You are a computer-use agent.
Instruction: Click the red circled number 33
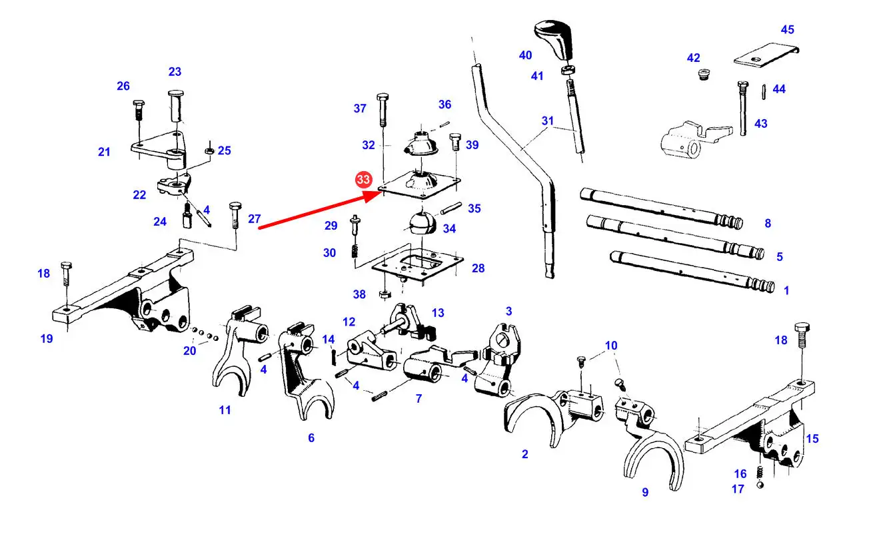tap(363, 180)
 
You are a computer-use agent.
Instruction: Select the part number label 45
tap(788, 30)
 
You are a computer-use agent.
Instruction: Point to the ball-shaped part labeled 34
tap(421, 223)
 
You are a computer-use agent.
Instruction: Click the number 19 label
tap(46, 338)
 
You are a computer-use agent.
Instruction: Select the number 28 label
tap(478, 268)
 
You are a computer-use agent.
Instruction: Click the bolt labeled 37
tap(382, 109)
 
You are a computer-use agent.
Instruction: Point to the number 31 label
tap(548, 121)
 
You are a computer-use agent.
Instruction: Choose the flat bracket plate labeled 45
tap(766, 57)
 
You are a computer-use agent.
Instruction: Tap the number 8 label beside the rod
tap(768, 224)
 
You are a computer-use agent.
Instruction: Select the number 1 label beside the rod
tap(786, 290)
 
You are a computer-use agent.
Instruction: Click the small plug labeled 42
tap(702, 74)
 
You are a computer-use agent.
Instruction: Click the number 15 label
tap(812, 439)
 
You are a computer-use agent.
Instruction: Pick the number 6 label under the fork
tap(311, 437)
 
